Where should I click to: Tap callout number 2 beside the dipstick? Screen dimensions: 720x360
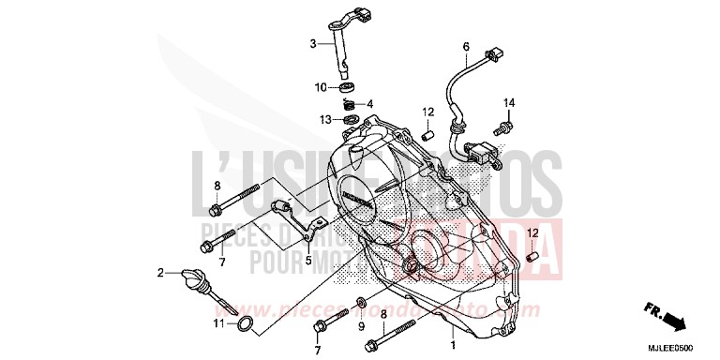(x=160, y=273)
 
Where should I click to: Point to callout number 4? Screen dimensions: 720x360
(x=369, y=103)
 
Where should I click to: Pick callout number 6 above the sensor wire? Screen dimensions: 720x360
(x=465, y=46)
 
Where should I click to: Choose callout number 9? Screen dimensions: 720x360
(x=360, y=326)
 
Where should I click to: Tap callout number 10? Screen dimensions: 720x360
(x=321, y=87)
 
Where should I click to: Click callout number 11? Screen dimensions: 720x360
(x=217, y=323)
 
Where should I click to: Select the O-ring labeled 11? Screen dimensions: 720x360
(x=243, y=325)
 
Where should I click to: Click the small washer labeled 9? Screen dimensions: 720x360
(x=360, y=304)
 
